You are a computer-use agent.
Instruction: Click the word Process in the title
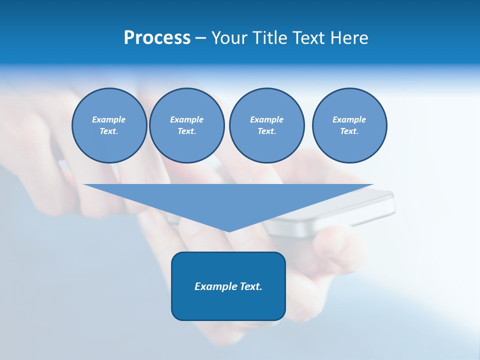[157, 38]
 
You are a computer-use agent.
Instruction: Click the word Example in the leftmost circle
[109, 119]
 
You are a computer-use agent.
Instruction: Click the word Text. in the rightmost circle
[349, 131]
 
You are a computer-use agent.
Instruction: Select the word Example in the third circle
[266, 119]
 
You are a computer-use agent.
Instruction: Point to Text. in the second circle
[186, 131]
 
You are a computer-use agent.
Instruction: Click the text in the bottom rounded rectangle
[228, 286]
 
